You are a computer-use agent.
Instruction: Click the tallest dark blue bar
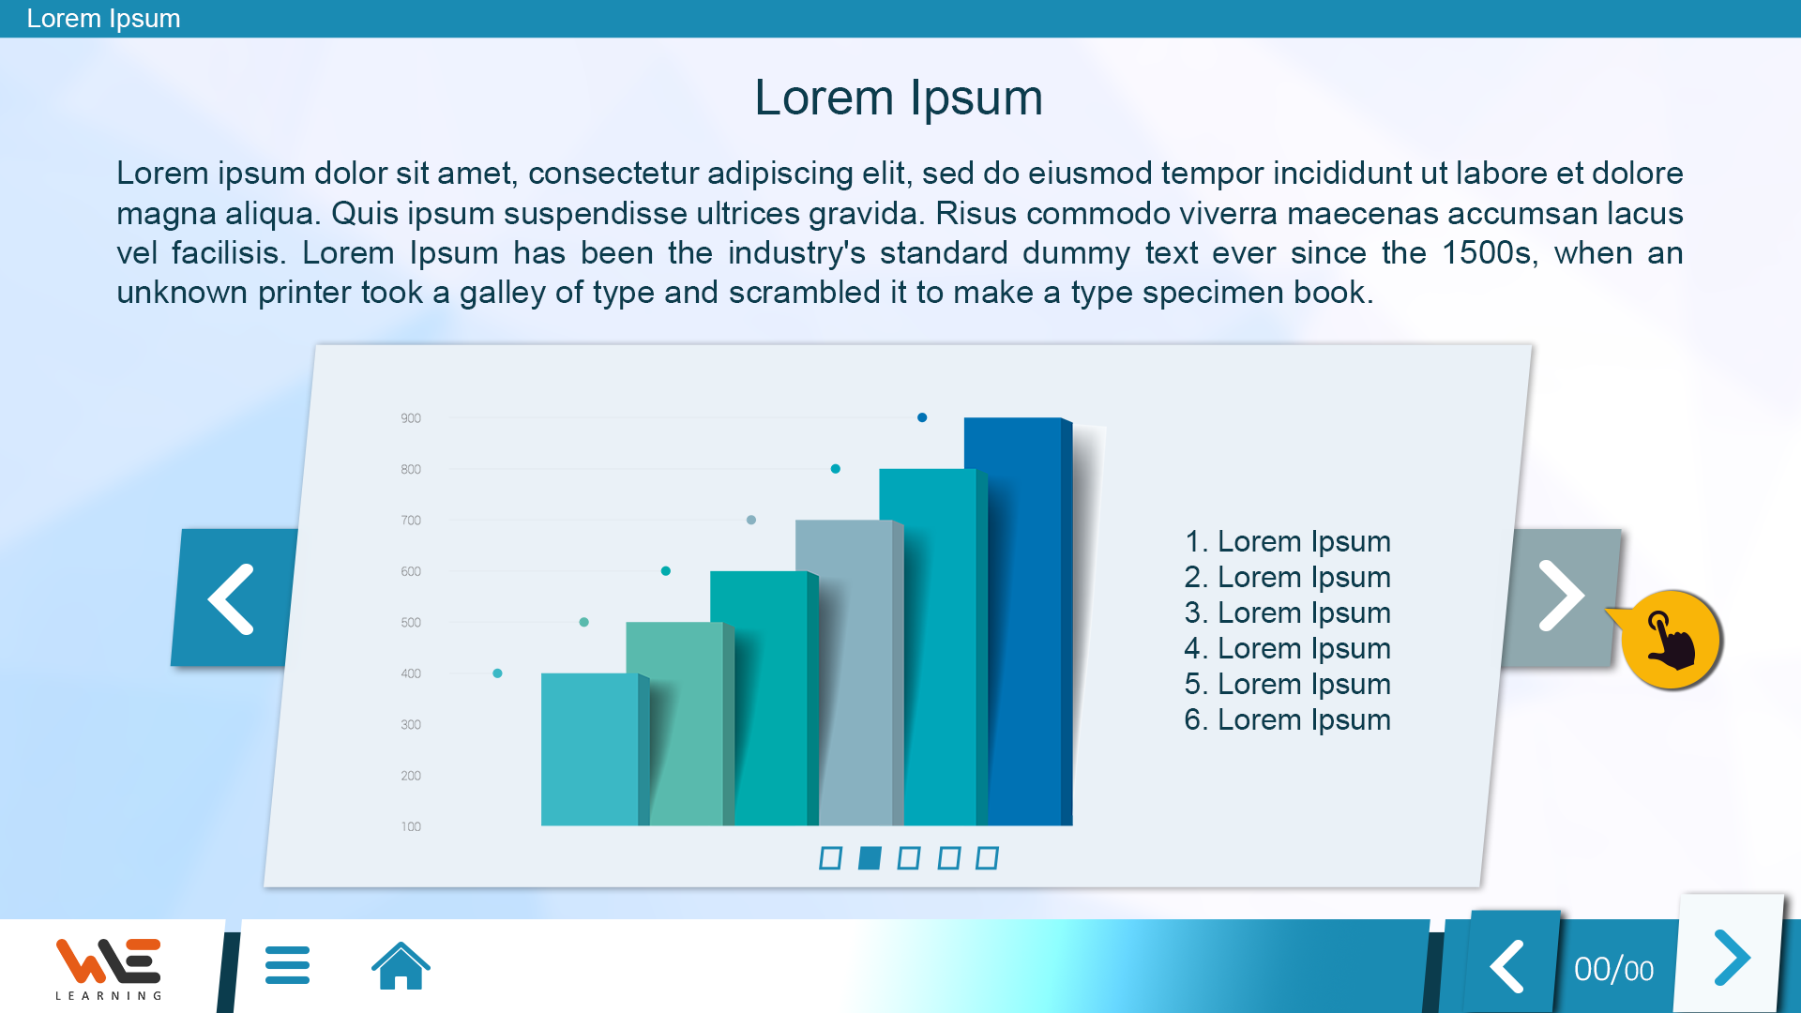[1018, 621]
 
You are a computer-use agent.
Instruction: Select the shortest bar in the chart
[595, 749]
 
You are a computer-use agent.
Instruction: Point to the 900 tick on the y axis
[411, 418]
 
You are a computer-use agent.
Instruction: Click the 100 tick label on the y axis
[411, 826]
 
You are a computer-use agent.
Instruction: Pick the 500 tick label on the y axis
[411, 623]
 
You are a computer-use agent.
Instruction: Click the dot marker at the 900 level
[922, 417]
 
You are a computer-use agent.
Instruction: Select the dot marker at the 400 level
[497, 673]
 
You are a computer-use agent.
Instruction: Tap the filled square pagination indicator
[870, 858]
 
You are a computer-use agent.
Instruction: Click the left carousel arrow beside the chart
[232, 598]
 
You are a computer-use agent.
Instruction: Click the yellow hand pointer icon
[1671, 641]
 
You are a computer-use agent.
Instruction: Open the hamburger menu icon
[287, 965]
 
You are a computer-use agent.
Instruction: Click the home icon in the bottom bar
[401, 965]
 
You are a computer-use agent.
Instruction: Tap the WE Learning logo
[109, 968]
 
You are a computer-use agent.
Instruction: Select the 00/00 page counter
[1613, 970]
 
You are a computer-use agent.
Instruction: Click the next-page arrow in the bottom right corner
[1732, 958]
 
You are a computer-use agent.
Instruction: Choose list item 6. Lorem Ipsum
[1287, 720]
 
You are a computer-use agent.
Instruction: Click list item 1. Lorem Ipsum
[1287, 542]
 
